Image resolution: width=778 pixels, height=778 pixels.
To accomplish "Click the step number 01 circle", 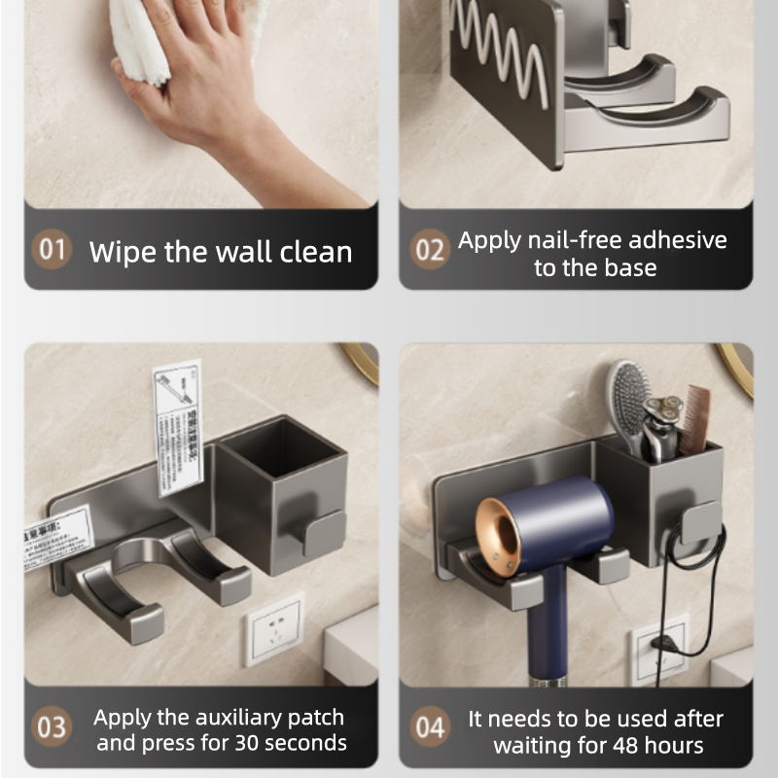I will tap(53, 250).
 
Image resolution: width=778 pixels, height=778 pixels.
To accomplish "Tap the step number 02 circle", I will tap(429, 250).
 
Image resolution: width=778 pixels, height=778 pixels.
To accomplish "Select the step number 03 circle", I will tap(53, 727).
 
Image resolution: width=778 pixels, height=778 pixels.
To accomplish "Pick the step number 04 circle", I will tap(429, 727).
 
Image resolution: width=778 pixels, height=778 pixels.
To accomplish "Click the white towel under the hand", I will tap(146, 39).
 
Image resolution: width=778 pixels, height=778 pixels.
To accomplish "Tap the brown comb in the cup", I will tap(695, 418).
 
